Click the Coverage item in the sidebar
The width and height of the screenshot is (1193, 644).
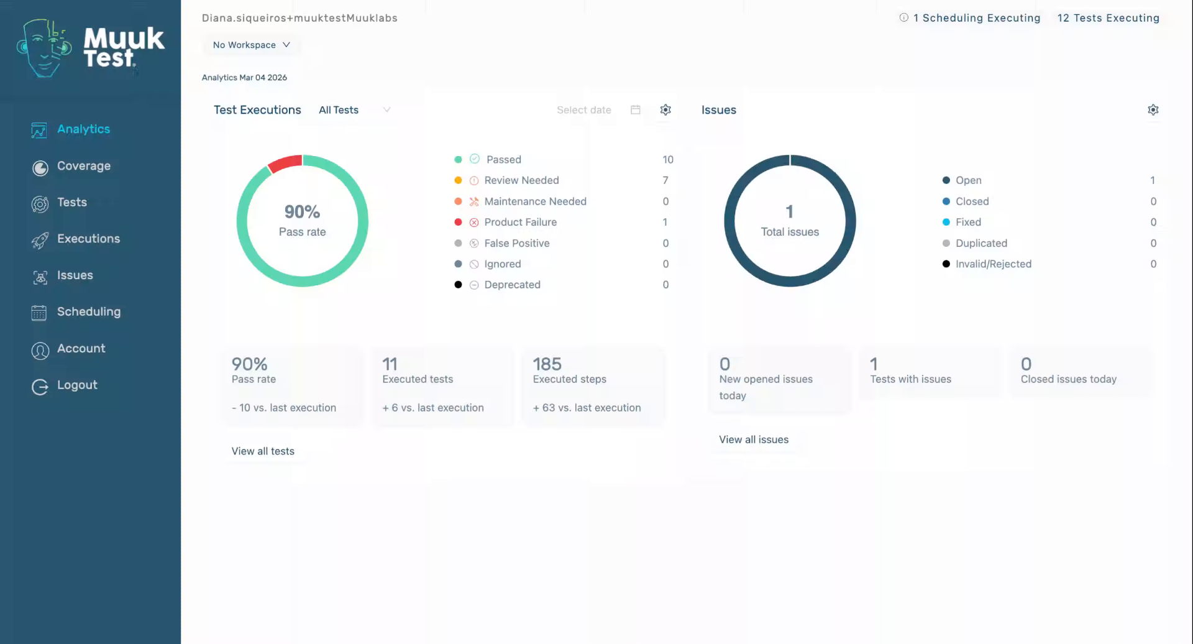(x=83, y=166)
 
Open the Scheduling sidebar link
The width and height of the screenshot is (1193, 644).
(x=88, y=312)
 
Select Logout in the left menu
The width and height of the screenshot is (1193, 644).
(x=76, y=385)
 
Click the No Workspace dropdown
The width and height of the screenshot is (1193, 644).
(x=251, y=45)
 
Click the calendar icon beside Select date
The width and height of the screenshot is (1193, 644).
(x=635, y=110)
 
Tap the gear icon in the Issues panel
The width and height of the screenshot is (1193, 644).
(x=1153, y=110)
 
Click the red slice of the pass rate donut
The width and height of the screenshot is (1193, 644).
(x=285, y=163)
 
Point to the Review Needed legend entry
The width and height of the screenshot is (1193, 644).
(x=521, y=180)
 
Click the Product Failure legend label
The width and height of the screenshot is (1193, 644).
(x=520, y=222)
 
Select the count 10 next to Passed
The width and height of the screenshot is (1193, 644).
(x=667, y=160)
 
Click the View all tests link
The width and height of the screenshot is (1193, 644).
(x=263, y=451)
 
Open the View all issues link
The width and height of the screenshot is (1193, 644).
(x=753, y=439)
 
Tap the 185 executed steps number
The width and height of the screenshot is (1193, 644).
(x=547, y=364)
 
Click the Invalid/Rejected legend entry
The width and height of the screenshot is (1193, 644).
(x=993, y=264)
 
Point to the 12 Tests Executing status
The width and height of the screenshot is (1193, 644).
(x=1108, y=18)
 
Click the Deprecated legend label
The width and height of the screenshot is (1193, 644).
(x=512, y=285)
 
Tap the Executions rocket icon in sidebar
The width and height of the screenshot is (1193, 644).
(x=40, y=240)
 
